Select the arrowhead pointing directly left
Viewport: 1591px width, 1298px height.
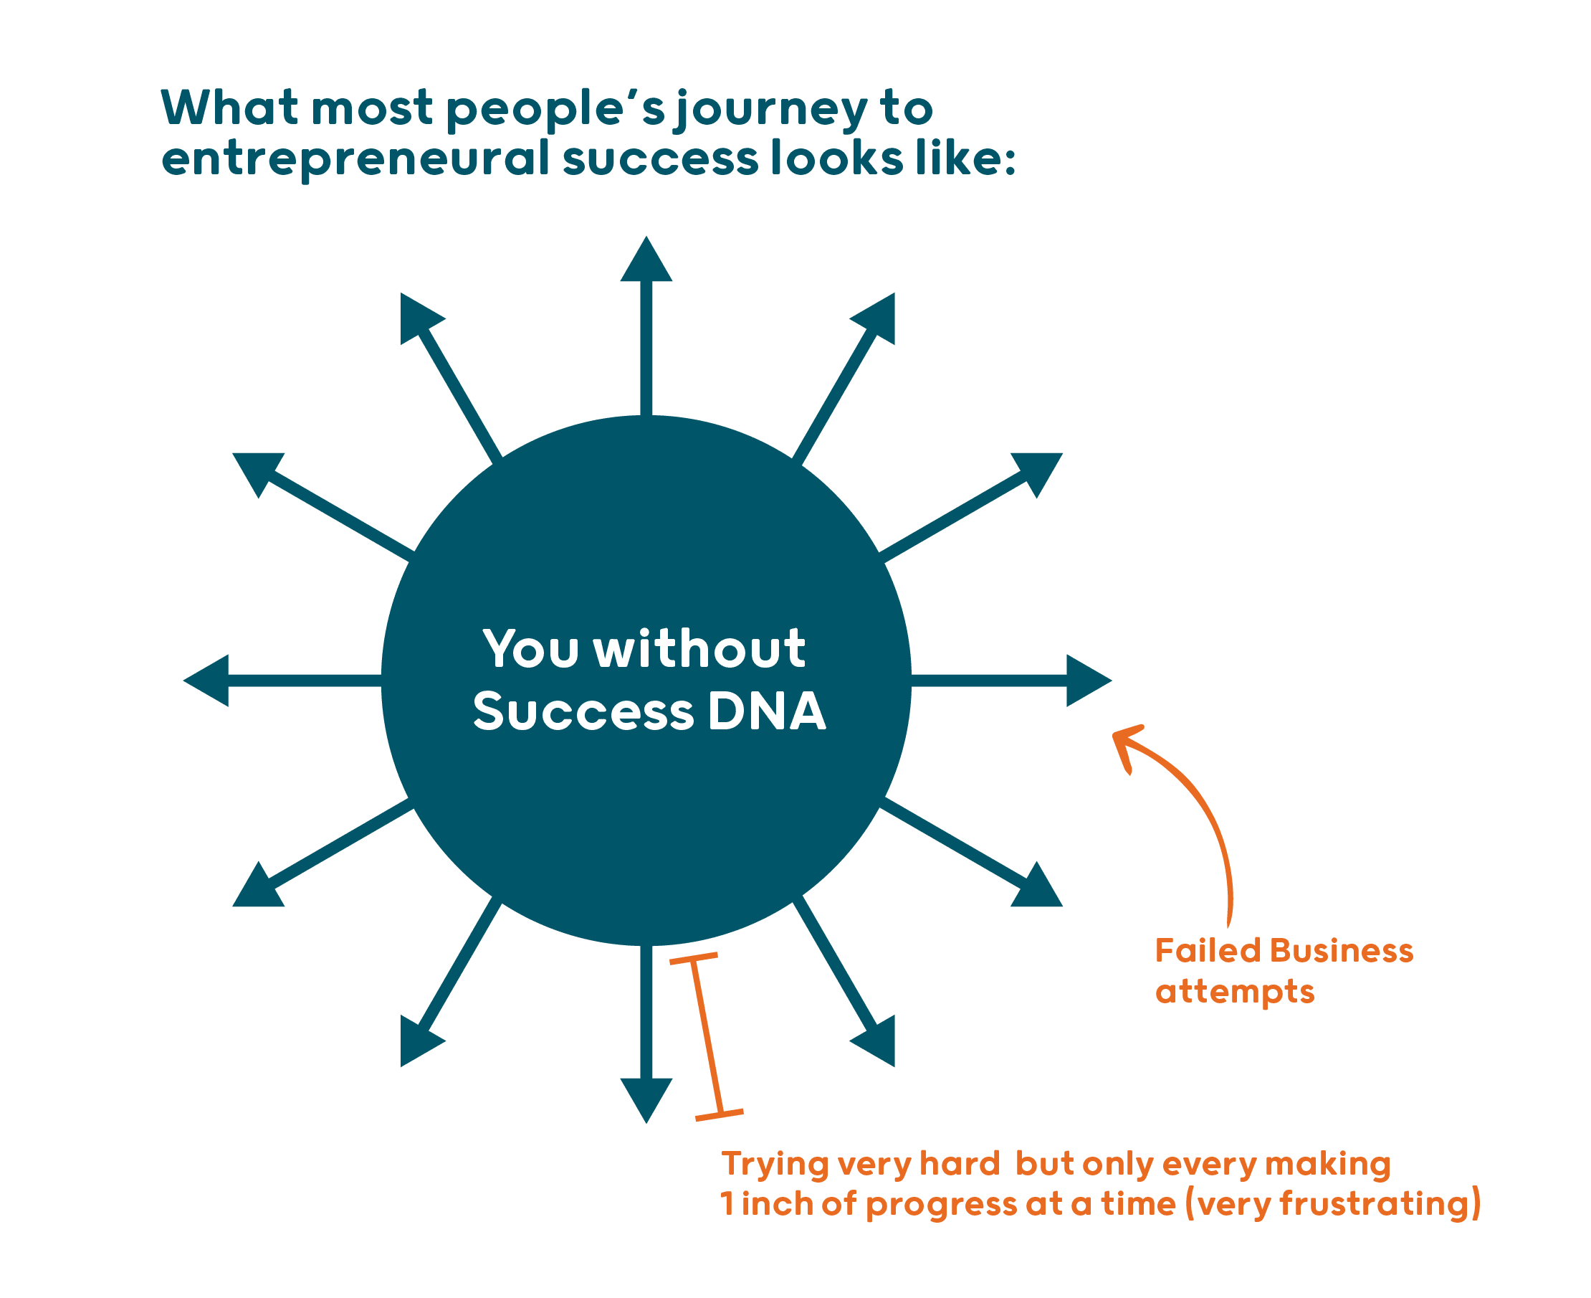(x=210, y=681)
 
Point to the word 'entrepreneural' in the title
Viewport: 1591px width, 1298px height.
(x=355, y=160)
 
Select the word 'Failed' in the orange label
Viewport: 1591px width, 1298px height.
(x=1208, y=951)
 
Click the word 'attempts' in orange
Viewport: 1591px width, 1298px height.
(x=1235, y=993)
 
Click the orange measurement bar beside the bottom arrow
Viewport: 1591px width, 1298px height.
(x=706, y=1037)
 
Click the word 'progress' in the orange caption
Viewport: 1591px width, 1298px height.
(x=941, y=1205)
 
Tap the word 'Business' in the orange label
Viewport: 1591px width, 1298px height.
(x=1342, y=951)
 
